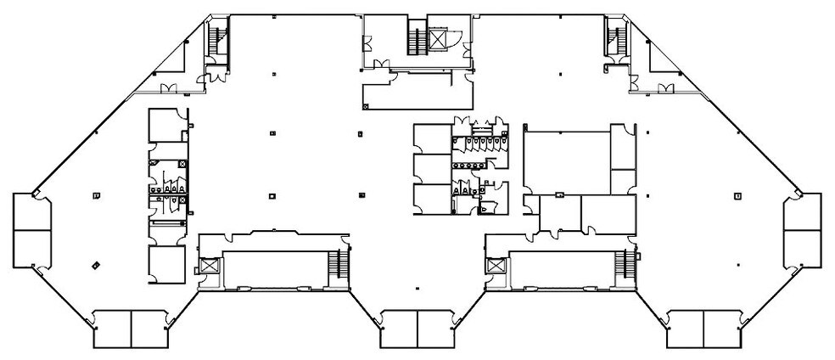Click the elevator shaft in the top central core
tap(439, 39)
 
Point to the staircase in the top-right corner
tap(614, 38)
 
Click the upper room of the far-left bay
tap(31, 212)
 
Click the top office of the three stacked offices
tap(432, 138)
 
